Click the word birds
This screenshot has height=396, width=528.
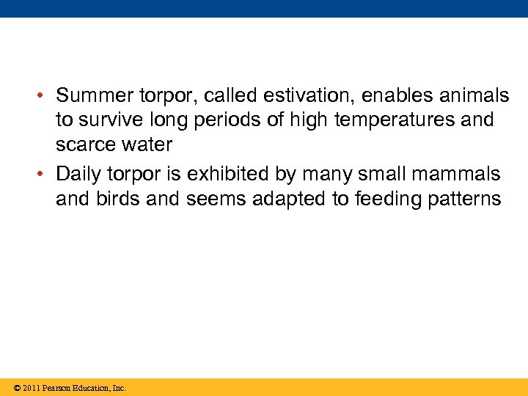coord(118,199)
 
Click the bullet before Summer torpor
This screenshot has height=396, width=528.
coord(44,96)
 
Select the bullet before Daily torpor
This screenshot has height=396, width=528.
coord(44,175)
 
